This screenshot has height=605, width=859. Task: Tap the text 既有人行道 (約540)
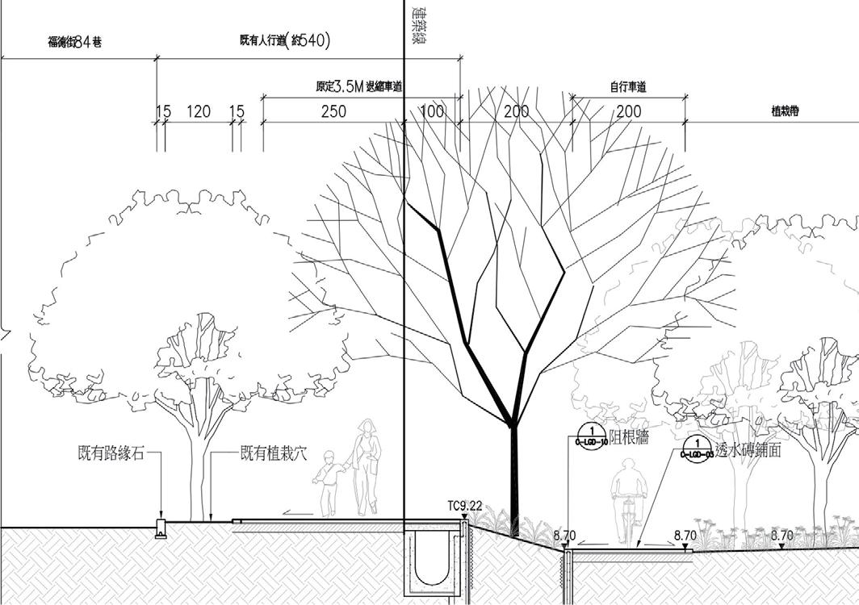pyautogui.click(x=285, y=41)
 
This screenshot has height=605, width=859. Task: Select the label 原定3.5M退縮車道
pyautogui.click(x=359, y=87)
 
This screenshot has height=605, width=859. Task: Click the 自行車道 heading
pyautogui.click(x=629, y=87)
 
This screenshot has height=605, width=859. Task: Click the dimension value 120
pyautogui.click(x=199, y=111)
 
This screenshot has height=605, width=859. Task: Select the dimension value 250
pyautogui.click(x=333, y=111)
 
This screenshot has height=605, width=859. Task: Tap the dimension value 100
pyautogui.click(x=432, y=111)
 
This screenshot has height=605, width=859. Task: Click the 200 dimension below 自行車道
pyautogui.click(x=629, y=111)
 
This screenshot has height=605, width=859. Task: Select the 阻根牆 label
pyautogui.click(x=630, y=437)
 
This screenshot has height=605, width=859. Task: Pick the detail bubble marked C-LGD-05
pyautogui.click(x=696, y=449)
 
